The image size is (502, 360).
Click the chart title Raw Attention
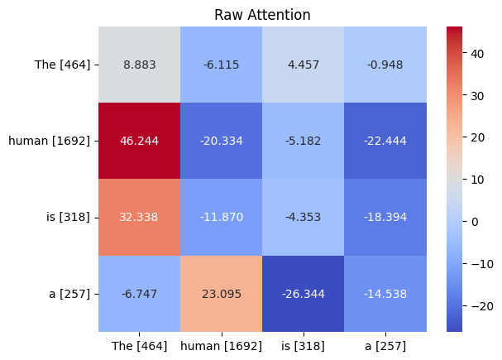point(263,15)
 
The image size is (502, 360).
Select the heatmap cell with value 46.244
point(140,141)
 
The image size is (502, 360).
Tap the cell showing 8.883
point(140,65)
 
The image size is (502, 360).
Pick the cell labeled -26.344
point(304,294)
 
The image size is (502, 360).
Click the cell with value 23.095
point(222,294)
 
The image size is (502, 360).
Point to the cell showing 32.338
point(140,218)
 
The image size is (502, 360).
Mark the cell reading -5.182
point(304,141)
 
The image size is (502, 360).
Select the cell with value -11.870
point(222,218)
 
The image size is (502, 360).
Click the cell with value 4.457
point(304,65)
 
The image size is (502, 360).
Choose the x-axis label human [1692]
point(222,345)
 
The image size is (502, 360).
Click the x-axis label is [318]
point(304,345)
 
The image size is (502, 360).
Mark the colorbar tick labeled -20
point(476,306)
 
